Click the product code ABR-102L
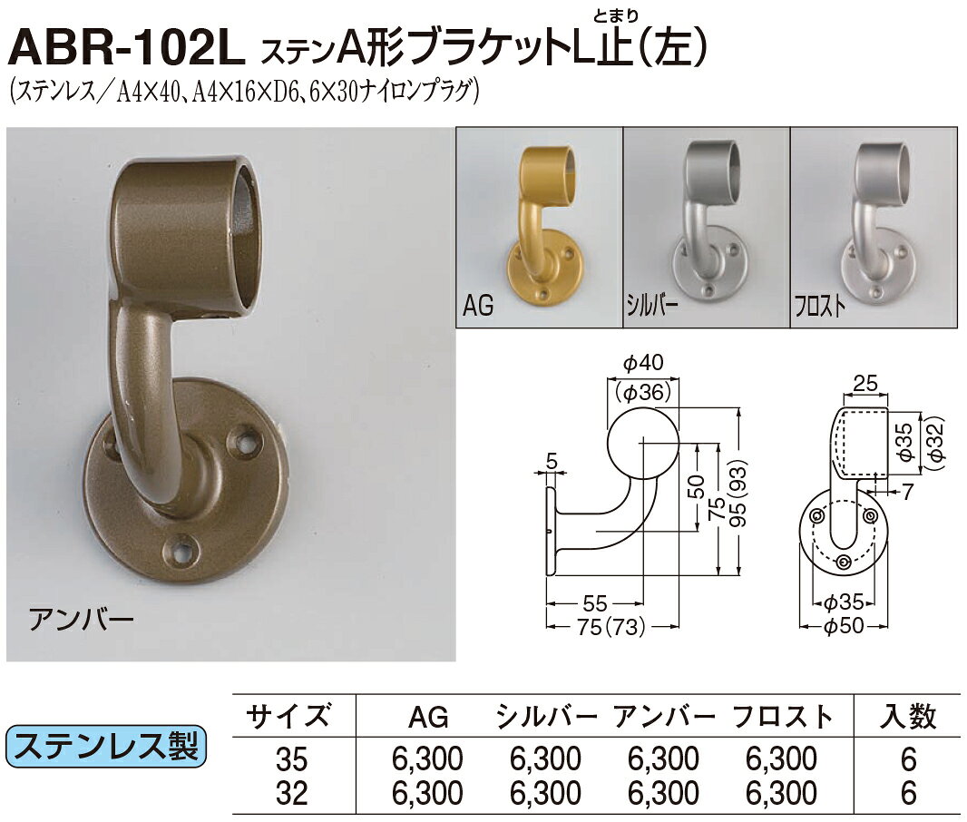[x=127, y=49]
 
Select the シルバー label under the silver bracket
[x=652, y=306]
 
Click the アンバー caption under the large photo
[x=82, y=618]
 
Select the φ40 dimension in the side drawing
[x=643, y=363]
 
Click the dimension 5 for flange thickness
[x=552, y=461]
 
